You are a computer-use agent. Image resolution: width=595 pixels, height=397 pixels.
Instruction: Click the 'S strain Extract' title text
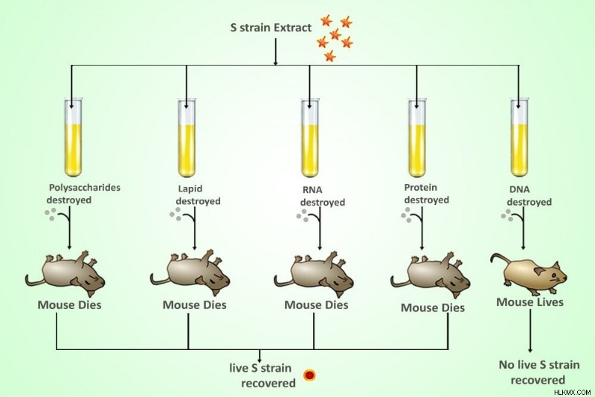(x=271, y=28)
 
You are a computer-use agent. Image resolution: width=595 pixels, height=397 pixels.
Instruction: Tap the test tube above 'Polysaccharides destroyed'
(x=73, y=138)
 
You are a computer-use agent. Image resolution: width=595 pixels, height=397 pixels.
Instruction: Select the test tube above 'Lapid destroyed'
(x=187, y=138)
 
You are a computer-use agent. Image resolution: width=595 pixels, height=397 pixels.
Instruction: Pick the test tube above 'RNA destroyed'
(x=310, y=138)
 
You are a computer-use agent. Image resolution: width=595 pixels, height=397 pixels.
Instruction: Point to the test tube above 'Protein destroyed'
(x=417, y=138)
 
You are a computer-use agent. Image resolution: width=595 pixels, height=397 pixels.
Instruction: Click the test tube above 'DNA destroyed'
(x=519, y=138)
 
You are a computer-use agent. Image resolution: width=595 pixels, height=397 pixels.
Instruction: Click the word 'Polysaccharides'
(x=84, y=188)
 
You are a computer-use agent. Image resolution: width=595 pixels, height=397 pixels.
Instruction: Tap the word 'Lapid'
(x=190, y=188)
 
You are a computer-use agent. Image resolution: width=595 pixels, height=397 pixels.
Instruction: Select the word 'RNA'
(x=312, y=190)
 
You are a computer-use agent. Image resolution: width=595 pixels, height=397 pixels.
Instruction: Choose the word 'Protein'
(x=420, y=187)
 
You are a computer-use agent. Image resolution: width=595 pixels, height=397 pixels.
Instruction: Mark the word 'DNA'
(x=519, y=189)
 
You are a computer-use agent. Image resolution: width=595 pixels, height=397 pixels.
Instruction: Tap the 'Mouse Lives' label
(x=530, y=302)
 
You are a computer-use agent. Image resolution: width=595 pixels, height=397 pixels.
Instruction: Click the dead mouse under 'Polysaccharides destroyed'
(x=65, y=273)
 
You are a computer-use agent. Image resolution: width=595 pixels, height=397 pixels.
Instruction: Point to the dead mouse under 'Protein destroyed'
(x=431, y=275)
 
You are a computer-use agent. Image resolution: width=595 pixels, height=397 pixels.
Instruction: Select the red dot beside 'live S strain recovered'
(x=309, y=375)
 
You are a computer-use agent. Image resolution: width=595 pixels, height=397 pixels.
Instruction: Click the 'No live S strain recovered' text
(x=538, y=372)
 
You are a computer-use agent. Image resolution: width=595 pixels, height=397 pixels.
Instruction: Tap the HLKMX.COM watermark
(x=573, y=392)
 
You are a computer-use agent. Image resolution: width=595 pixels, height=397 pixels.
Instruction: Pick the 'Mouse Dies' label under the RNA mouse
(x=316, y=305)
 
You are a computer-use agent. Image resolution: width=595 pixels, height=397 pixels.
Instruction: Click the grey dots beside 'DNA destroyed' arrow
(x=507, y=215)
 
